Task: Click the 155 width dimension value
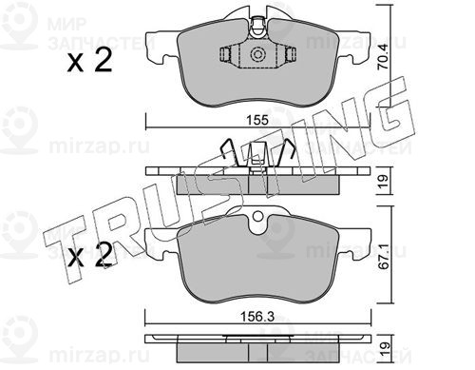click(257, 120)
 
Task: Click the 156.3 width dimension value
click(256, 317)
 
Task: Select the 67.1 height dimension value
click(384, 257)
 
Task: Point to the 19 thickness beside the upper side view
click(384, 182)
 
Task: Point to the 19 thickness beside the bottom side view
click(384, 349)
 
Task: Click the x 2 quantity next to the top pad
click(90, 61)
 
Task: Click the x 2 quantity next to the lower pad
click(90, 255)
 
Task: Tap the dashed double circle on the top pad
click(256, 54)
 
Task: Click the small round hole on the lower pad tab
click(258, 217)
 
